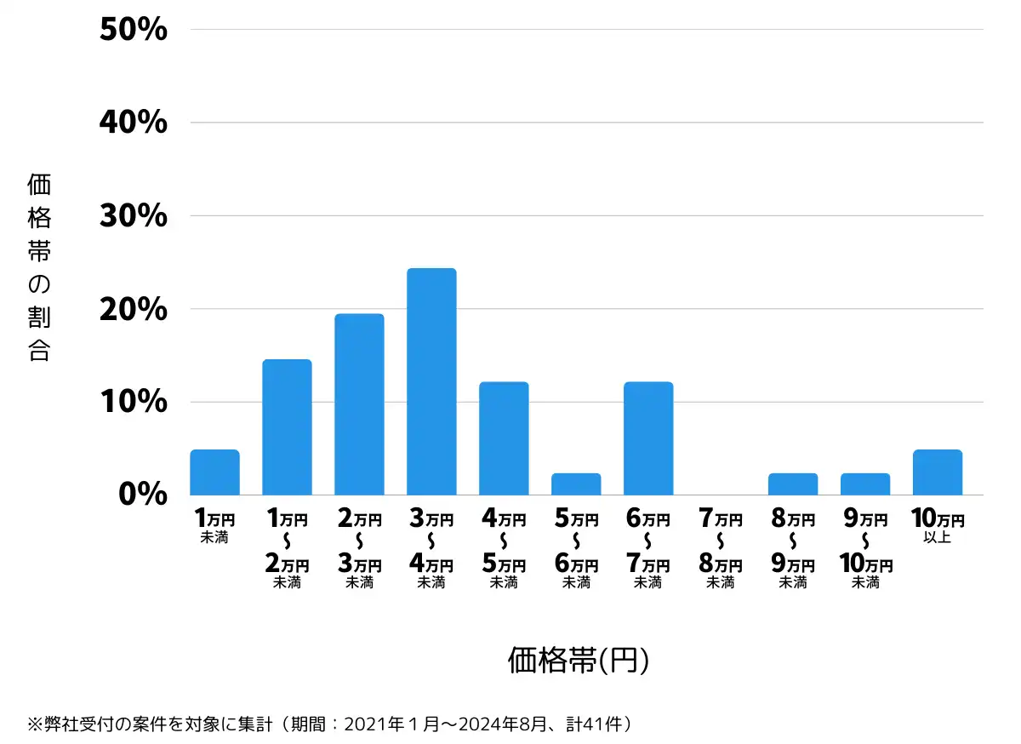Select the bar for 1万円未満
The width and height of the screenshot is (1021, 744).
tap(214, 472)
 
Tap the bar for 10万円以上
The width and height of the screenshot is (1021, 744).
tap(937, 472)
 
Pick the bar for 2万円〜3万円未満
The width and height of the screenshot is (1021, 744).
tap(359, 404)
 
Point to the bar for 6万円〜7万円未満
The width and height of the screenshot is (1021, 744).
tap(648, 438)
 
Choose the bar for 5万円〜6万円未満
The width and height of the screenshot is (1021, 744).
tap(576, 484)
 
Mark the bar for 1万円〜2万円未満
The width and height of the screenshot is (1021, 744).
tap(287, 427)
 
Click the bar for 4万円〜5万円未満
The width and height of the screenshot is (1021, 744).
tap(504, 438)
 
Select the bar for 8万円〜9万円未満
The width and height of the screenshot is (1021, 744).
tap(793, 484)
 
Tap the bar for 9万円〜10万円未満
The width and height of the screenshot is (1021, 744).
tap(865, 484)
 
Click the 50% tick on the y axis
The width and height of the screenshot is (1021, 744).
tap(134, 31)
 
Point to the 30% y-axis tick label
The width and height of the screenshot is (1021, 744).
tap(134, 216)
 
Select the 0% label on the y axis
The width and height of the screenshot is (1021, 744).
tap(142, 495)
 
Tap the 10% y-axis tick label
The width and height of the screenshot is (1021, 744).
tap(134, 402)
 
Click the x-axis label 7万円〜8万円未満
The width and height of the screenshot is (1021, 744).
tap(721, 550)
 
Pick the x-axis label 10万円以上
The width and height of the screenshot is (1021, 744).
tap(937, 526)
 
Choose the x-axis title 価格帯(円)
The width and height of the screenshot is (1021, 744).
tap(579, 660)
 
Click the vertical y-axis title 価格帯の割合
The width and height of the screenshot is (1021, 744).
tap(39, 267)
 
